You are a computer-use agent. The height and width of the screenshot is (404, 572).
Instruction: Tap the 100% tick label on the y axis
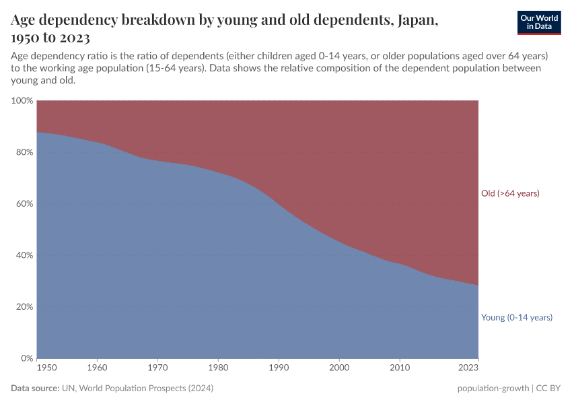coord(22,101)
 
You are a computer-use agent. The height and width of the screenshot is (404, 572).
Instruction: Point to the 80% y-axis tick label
coord(24,152)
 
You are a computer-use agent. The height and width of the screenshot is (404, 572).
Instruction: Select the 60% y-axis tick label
coord(24,204)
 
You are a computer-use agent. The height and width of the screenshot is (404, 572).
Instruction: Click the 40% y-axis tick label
coord(24,255)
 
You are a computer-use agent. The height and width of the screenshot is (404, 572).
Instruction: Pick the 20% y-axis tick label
coord(24,307)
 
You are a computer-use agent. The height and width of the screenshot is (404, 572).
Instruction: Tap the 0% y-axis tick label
coord(26,358)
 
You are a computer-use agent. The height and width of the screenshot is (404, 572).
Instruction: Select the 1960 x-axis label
coord(98,368)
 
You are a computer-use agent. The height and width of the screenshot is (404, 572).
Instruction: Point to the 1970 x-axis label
coord(158,368)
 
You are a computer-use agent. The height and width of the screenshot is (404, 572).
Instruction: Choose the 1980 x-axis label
coord(219,368)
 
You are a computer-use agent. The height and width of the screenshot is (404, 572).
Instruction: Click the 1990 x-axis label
coord(279,368)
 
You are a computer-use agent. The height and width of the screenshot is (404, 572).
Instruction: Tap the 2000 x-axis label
coord(339,368)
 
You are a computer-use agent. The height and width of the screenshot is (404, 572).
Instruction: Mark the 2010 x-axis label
coord(400,368)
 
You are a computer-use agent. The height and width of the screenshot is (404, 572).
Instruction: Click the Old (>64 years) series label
coord(510,194)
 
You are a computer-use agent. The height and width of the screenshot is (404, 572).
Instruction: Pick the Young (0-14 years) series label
coord(516,317)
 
